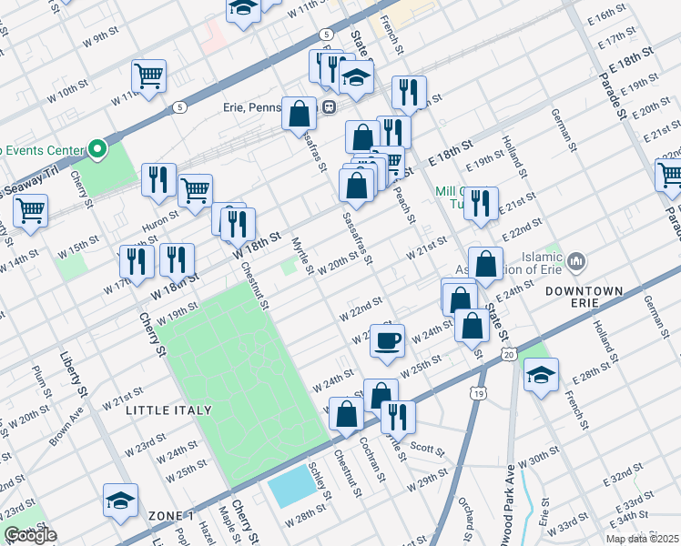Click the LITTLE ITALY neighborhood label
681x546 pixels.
pos(168,410)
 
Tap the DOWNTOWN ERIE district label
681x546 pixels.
pos(584,291)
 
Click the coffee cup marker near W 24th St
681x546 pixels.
pos(387,340)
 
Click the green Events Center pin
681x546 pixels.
pos(95,147)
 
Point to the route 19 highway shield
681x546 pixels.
pos(477,392)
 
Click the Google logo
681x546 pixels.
pos(31,535)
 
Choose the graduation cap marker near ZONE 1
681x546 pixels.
pos(120,500)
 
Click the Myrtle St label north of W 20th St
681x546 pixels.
pos(302,256)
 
